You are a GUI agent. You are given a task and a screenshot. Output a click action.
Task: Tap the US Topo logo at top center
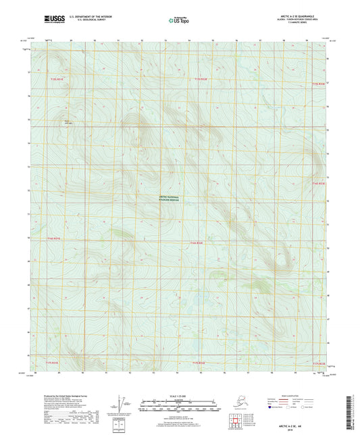178,22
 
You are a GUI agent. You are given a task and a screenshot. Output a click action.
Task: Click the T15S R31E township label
59,80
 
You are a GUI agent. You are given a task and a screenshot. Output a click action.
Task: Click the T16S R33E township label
319,182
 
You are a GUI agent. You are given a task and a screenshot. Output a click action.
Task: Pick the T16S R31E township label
54,238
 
